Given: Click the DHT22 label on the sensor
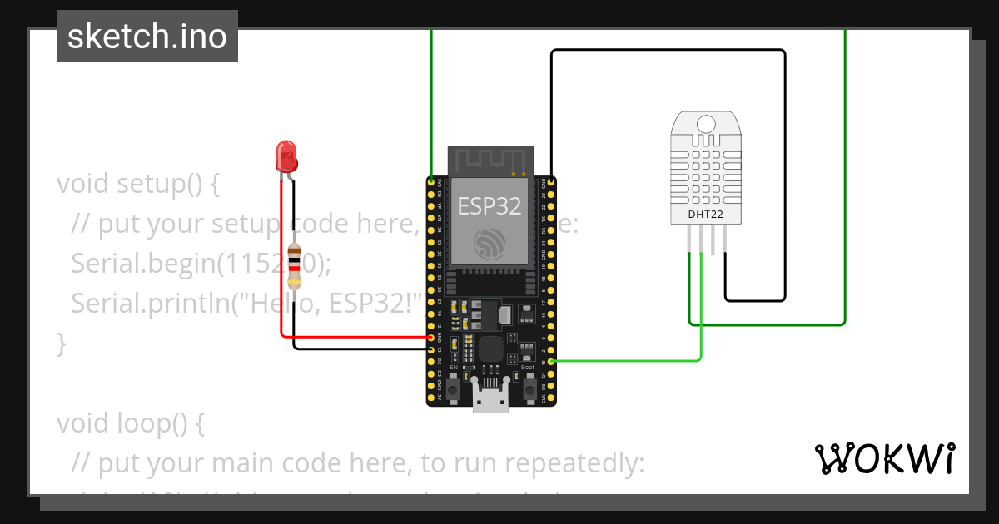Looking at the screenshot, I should [704, 215].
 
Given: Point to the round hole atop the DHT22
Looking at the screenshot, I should [705, 125].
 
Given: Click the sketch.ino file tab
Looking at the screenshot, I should [147, 37].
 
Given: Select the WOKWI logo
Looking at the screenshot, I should [884, 458].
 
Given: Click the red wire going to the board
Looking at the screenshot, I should [358, 337].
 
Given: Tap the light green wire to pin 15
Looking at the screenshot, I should [633, 361].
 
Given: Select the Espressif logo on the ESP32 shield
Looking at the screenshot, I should [490, 243].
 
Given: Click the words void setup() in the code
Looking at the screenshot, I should [137, 183].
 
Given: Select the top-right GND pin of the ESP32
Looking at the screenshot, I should [549, 181].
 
